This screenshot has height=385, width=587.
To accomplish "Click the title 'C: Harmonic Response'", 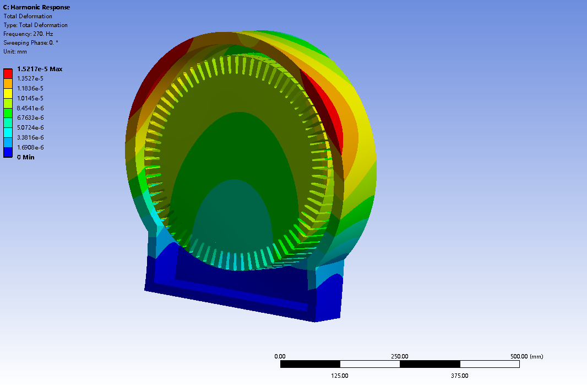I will pyautogui.click(x=36, y=7).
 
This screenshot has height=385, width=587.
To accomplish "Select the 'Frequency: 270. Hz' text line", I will pyautogui.click(x=28, y=34).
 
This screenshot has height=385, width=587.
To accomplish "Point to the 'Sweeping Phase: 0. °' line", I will pyautogui.click(x=31, y=42).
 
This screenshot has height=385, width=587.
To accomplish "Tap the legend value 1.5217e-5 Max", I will pyautogui.click(x=40, y=69).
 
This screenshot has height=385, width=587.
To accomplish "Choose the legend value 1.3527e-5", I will pyautogui.click(x=30, y=78).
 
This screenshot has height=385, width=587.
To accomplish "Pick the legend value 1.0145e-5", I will pyautogui.click(x=30, y=98).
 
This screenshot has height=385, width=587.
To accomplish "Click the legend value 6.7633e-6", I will pyautogui.click(x=30, y=117).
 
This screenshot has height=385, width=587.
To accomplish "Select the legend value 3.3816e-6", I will pyautogui.click(x=30, y=137).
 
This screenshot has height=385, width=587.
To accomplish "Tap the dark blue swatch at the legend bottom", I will pyautogui.click(x=8, y=153).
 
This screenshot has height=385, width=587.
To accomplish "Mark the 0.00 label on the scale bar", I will pyautogui.click(x=280, y=356).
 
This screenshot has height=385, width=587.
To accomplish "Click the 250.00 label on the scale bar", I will pyautogui.click(x=400, y=356).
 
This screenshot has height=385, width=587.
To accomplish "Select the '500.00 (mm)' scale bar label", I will pyautogui.click(x=526, y=356).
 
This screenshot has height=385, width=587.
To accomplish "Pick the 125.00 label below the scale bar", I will pyautogui.click(x=340, y=376).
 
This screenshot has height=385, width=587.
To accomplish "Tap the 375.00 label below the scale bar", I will pyautogui.click(x=460, y=376).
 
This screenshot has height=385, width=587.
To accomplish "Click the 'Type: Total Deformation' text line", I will pyautogui.click(x=35, y=25).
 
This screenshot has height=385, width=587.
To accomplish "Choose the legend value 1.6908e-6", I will pyautogui.click(x=30, y=147).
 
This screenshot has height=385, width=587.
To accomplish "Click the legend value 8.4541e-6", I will pyautogui.click(x=30, y=108).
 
